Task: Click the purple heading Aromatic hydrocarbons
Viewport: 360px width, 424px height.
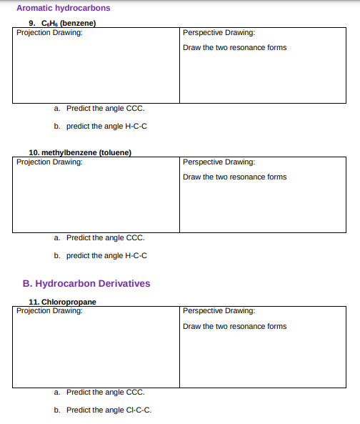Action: (x=63, y=9)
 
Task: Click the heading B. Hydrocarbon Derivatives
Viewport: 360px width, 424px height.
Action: (x=86, y=283)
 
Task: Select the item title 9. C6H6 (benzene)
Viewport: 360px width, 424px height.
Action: (x=62, y=23)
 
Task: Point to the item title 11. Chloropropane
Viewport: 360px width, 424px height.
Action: (x=62, y=302)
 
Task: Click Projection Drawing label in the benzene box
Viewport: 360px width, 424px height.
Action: (x=49, y=32)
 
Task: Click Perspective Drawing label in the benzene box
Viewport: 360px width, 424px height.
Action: (x=219, y=33)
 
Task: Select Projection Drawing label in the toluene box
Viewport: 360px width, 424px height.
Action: (x=49, y=162)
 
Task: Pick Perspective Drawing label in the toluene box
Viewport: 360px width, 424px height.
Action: (x=219, y=162)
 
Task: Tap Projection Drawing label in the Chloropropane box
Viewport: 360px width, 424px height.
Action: (x=49, y=310)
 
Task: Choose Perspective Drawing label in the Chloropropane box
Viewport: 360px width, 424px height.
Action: (x=219, y=311)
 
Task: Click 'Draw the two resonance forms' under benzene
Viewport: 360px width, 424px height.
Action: (x=234, y=48)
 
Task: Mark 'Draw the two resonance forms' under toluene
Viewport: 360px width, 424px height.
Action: (x=234, y=177)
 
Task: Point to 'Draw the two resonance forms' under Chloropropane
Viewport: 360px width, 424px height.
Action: (x=234, y=327)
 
